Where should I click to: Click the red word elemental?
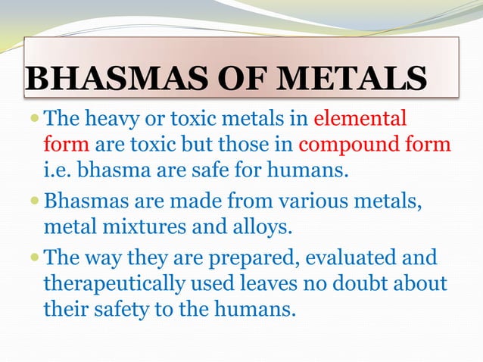360,119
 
